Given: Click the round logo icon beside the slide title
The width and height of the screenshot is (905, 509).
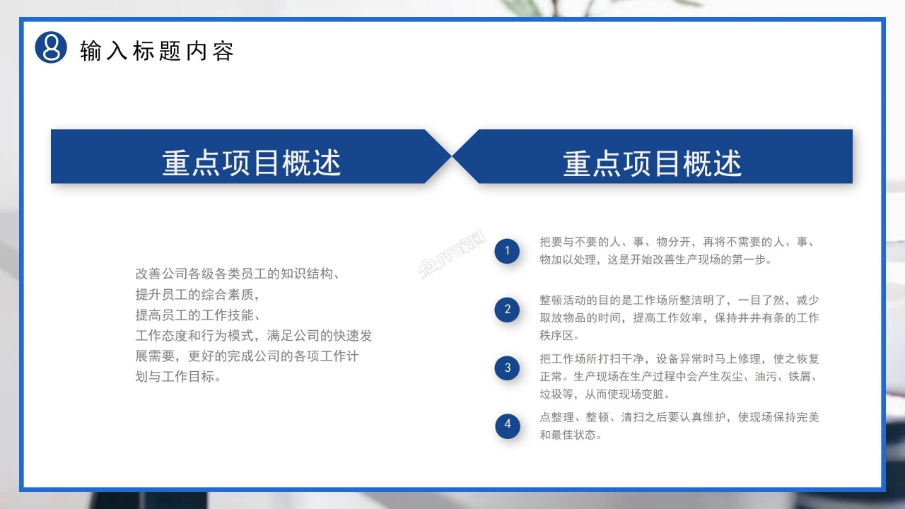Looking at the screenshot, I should tap(51, 47).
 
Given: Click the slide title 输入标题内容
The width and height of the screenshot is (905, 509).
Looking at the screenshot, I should tap(157, 51).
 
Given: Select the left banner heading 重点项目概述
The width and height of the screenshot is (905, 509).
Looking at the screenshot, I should tap(252, 163).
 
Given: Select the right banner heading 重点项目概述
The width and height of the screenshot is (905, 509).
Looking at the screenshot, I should tap(653, 163).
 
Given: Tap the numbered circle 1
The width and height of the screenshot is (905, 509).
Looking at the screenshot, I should tap(507, 251).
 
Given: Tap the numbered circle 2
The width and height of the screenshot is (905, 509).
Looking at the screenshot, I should tap(507, 309).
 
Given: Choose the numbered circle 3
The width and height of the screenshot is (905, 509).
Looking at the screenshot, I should tap(507, 368).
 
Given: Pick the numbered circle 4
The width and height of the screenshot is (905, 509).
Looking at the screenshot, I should tap(507, 425).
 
